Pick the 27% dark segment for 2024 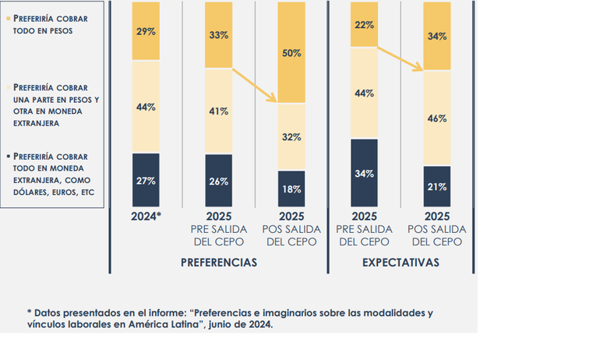click(x=145, y=180)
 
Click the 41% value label click(x=218, y=111)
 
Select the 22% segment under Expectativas click(x=364, y=25)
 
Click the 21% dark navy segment click(x=436, y=187)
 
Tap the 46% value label click(x=436, y=118)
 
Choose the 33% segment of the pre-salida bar click(x=218, y=34)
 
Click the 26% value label click(x=218, y=182)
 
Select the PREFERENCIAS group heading click(x=218, y=263)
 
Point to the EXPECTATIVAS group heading click(x=401, y=263)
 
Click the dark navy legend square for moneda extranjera click(x=9, y=156)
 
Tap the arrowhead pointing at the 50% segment click(x=274, y=99)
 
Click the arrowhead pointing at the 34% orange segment click(x=420, y=69)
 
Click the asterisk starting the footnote click(x=30, y=312)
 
